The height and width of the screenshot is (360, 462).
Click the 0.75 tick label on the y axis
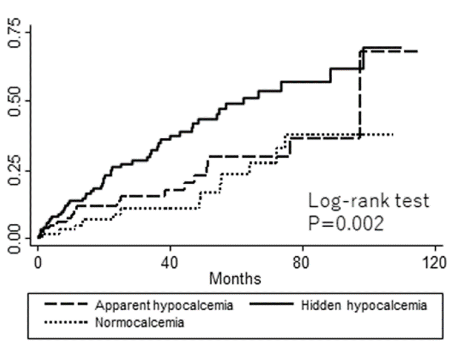tap(14, 32)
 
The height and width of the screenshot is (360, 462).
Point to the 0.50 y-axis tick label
tap(14, 101)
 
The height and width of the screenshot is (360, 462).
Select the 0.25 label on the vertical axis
tap(14, 171)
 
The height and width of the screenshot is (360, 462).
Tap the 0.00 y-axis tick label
tap(14, 239)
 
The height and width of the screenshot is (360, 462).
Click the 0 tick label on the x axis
tap(38, 262)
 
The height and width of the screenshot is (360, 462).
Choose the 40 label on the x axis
tap(170, 262)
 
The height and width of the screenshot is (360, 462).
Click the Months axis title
tap(235, 278)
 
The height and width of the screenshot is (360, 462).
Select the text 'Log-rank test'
tap(368, 201)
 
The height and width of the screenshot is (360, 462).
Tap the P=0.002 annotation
tap(346, 223)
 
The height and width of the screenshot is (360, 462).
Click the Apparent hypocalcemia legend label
tap(164, 305)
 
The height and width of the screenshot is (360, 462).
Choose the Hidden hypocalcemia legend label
tap(364, 305)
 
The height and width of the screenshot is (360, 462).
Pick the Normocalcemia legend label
tap(139, 323)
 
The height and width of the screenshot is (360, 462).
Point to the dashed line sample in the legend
tap(66, 304)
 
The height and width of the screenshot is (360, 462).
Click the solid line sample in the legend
tap(272, 304)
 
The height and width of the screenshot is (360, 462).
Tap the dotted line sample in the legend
tap(66, 321)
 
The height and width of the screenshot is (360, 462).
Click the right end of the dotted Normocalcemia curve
tap(393, 134)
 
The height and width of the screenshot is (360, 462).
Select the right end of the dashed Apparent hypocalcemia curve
tap(417, 52)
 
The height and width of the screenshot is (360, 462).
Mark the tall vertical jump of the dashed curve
tap(360, 94)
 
